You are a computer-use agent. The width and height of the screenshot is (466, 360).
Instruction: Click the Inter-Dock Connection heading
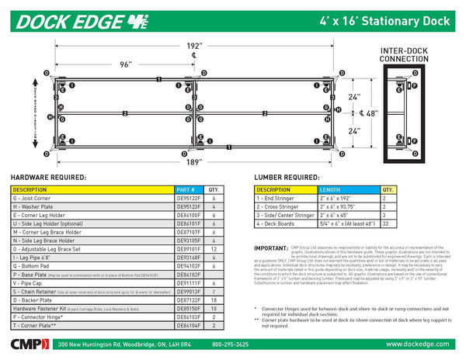402,54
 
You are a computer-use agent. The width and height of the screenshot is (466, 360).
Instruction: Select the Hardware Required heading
48,177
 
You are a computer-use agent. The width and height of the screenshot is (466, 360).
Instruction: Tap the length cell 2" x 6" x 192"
336,198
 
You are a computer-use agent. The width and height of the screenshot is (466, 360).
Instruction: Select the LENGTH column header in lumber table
330,189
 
